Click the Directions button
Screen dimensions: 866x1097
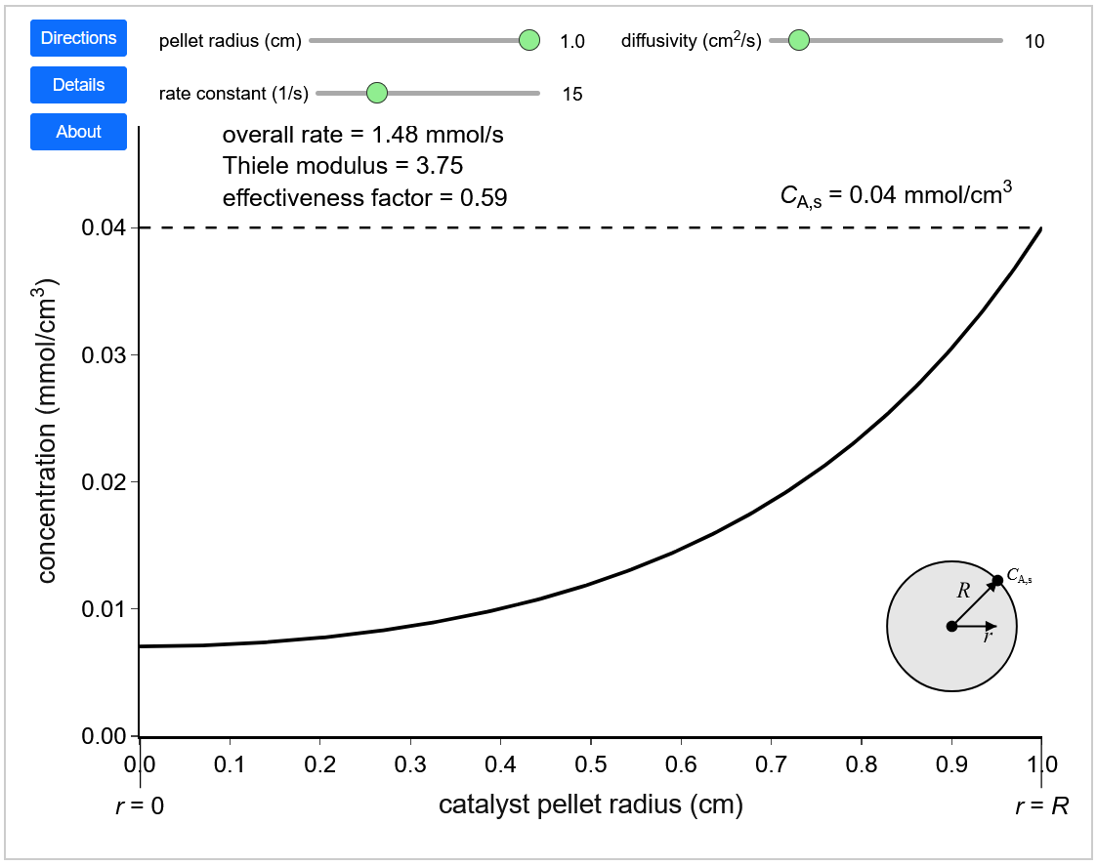79,38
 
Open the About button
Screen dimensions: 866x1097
79,132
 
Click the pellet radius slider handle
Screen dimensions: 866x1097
528,40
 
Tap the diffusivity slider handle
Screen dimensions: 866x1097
798,40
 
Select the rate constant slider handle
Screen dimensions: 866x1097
377,93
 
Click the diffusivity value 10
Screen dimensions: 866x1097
1034,41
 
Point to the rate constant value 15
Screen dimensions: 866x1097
572,94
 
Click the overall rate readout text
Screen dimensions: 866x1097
363,134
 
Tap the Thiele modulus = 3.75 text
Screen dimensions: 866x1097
343,165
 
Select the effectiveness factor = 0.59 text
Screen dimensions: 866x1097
364,197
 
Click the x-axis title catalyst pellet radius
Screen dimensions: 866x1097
590,805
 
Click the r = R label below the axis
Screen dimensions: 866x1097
1041,805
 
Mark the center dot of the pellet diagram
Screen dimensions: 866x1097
951,626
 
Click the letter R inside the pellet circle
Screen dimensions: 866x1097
962,591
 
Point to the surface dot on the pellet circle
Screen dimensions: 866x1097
997,581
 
